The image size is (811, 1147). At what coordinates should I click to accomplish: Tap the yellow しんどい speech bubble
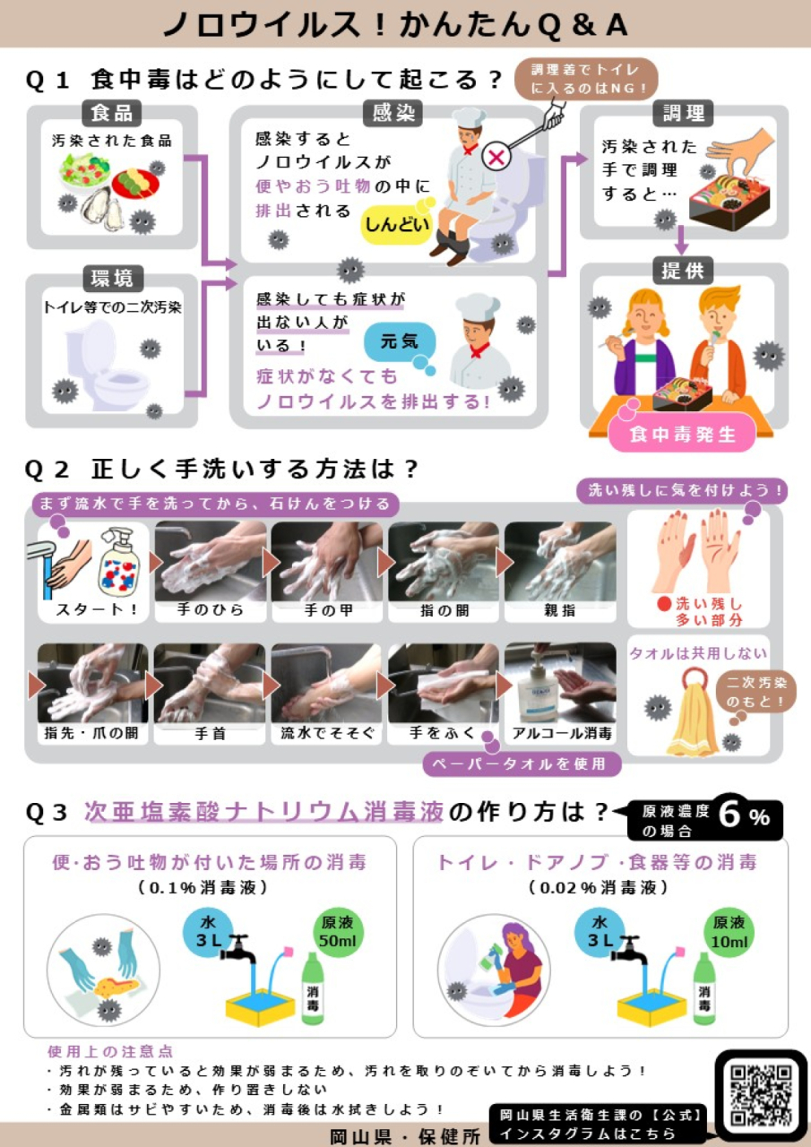396,224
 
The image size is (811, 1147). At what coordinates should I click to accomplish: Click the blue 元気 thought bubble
400,341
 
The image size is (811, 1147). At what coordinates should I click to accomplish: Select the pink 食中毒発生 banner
683,435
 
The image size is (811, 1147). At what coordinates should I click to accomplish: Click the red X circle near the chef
496,157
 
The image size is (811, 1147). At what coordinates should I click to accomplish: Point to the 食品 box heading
112,114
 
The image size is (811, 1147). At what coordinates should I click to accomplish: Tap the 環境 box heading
112,278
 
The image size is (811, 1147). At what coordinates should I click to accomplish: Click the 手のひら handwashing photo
211,562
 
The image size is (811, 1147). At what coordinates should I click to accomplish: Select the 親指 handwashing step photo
560,562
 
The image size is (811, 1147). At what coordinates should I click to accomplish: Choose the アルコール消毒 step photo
560,684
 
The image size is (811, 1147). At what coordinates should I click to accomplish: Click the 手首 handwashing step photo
211,684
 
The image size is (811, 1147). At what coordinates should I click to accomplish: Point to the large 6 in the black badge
730,816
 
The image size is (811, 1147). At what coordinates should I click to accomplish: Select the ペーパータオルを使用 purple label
522,763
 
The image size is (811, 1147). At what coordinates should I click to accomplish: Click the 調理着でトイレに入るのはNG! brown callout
587,79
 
